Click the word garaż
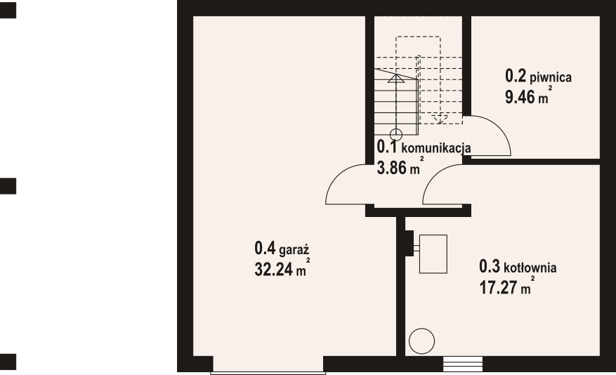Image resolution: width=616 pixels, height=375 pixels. (x=294, y=250)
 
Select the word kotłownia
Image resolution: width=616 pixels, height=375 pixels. (x=530, y=268)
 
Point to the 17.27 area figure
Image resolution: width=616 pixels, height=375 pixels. (x=498, y=287)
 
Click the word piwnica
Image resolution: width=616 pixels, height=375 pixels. (x=551, y=77)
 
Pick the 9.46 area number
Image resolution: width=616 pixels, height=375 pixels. (x=520, y=97)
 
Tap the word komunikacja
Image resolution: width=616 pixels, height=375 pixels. (x=436, y=148)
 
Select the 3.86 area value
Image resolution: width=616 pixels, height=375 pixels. (x=392, y=168)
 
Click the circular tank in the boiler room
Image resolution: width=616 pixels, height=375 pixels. (x=421, y=341)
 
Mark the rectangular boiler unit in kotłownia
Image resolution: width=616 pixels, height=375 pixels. (x=433, y=254)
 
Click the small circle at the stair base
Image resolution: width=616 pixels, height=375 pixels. (x=396, y=135)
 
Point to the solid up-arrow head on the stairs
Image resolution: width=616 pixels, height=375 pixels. (x=396, y=78)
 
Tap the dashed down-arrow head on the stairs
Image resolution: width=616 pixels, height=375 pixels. (x=440, y=119)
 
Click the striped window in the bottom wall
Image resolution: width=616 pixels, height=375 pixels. (x=463, y=364)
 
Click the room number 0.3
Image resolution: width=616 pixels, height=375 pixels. (x=490, y=266)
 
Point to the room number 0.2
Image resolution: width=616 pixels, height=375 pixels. (x=516, y=76)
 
